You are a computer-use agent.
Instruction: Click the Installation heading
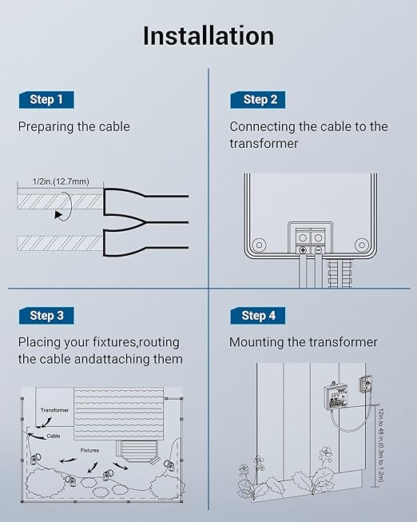(208, 36)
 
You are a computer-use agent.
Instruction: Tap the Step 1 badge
(46, 100)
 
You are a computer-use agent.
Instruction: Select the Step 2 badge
(258, 100)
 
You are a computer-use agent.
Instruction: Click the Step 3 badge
(46, 315)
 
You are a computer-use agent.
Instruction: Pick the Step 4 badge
(258, 315)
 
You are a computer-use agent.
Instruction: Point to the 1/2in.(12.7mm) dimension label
(61, 181)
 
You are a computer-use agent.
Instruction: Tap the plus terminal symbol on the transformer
(303, 250)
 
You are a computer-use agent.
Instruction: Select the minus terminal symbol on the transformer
(319, 250)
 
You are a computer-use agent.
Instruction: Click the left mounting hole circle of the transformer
(259, 245)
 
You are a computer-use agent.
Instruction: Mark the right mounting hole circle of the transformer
(361, 245)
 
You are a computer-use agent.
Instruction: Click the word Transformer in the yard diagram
(54, 410)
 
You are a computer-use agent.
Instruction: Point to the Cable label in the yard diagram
(54, 436)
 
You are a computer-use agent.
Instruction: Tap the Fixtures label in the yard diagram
(89, 450)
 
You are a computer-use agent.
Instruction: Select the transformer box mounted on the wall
(336, 395)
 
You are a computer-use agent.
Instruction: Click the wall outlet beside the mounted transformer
(365, 385)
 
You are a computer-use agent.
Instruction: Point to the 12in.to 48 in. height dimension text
(381, 445)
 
